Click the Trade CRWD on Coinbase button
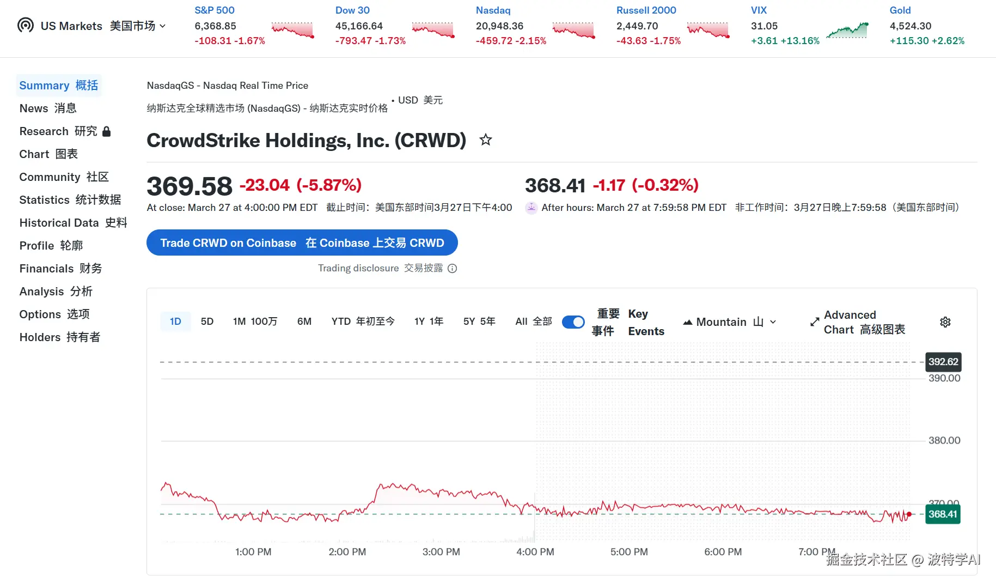click(x=302, y=243)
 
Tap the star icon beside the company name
click(x=485, y=140)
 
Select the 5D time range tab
click(x=207, y=322)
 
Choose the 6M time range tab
click(x=304, y=322)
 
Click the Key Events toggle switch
click(x=573, y=322)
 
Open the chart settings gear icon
click(x=945, y=322)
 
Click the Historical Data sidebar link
click(x=73, y=223)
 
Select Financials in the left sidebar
click(x=60, y=269)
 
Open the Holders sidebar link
click(x=60, y=337)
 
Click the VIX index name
click(x=759, y=10)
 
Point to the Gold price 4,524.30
click(x=911, y=26)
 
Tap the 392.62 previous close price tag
click(x=943, y=362)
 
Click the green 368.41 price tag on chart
click(x=943, y=514)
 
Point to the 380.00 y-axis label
click(x=944, y=440)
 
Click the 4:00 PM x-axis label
click(x=535, y=552)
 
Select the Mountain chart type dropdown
click(x=730, y=322)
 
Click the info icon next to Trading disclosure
click(x=452, y=268)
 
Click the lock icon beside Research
click(x=107, y=131)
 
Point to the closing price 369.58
click(x=190, y=186)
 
